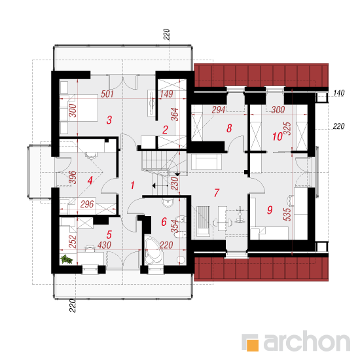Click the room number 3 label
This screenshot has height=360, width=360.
pyautogui.click(x=109, y=120)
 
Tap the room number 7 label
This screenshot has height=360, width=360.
pyautogui.click(x=217, y=193)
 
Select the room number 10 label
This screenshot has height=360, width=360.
pyautogui.click(x=278, y=137)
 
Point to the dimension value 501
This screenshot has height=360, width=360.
pyautogui.click(x=107, y=94)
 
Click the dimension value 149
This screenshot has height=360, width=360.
pyautogui.click(x=166, y=94)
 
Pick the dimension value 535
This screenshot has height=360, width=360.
pyautogui.click(x=287, y=215)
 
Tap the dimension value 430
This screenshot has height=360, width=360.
pyautogui.click(x=104, y=245)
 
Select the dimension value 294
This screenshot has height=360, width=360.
pyautogui.click(x=219, y=110)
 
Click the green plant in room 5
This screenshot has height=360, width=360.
pyautogui.click(x=66, y=259)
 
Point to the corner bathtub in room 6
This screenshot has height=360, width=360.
pyautogui.click(x=153, y=251)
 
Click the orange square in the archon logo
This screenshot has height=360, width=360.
pyautogui.click(x=252, y=345)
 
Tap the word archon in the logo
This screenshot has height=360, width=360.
pyautogui.click(x=307, y=342)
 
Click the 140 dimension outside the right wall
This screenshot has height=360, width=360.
pyautogui.click(x=338, y=93)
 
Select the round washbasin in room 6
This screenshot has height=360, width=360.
pyautogui.click(x=168, y=202)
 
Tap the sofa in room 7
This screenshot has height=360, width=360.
pyautogui.click(x=206, y=162)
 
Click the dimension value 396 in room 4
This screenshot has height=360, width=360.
pyautogui.click(x=73, y=177)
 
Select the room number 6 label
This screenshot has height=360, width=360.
pyautogui.click(x=164, y=222)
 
